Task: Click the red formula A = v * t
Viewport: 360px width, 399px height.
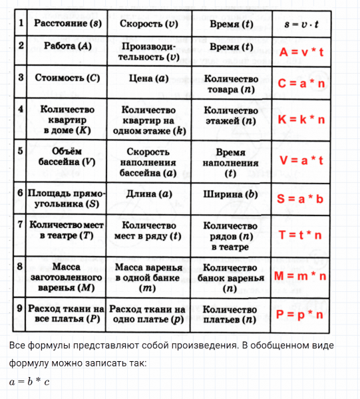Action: click(x=302, y=53)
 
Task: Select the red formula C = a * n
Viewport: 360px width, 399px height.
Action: click(x=302, y=84)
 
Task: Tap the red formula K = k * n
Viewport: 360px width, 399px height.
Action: click(x=302, y=120)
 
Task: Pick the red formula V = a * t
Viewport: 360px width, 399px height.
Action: click(x=302, y=160)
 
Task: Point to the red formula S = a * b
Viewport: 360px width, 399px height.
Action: click(x=302, y=199)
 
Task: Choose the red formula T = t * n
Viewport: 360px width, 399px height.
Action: click(x=302, y=235)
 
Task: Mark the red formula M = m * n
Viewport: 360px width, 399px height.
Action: click(x=302, y=275)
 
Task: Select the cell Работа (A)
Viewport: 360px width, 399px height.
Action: click(x=67, y=47)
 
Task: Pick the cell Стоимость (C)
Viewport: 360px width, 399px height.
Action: click(x=67, y=78)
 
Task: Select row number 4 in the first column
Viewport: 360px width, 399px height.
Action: click(x=21, y=109)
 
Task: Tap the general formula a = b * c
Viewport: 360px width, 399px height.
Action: click(x=30, y=382)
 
